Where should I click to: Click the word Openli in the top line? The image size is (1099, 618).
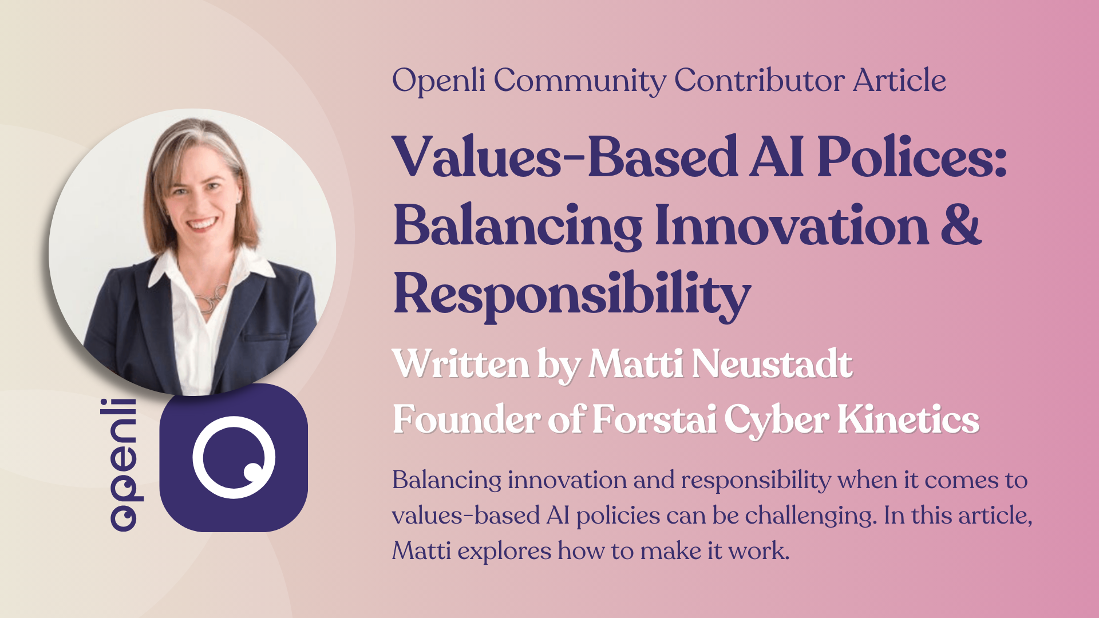(438, 81)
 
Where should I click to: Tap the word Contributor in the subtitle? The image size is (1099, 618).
(759, 80)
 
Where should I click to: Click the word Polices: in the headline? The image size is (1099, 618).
(911, 157)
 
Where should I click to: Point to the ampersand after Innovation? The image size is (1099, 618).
(960, 225)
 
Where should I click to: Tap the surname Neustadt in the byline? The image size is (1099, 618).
(772, 364)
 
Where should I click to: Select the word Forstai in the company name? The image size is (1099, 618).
(654, 419)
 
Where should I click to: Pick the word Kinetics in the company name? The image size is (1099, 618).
(908, 419)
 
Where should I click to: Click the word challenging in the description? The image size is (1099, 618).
(811, 516)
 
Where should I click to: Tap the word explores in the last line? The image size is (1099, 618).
(504, 551)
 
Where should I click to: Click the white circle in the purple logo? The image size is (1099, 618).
(234, 457)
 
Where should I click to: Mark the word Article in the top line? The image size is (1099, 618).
(899, 80)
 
